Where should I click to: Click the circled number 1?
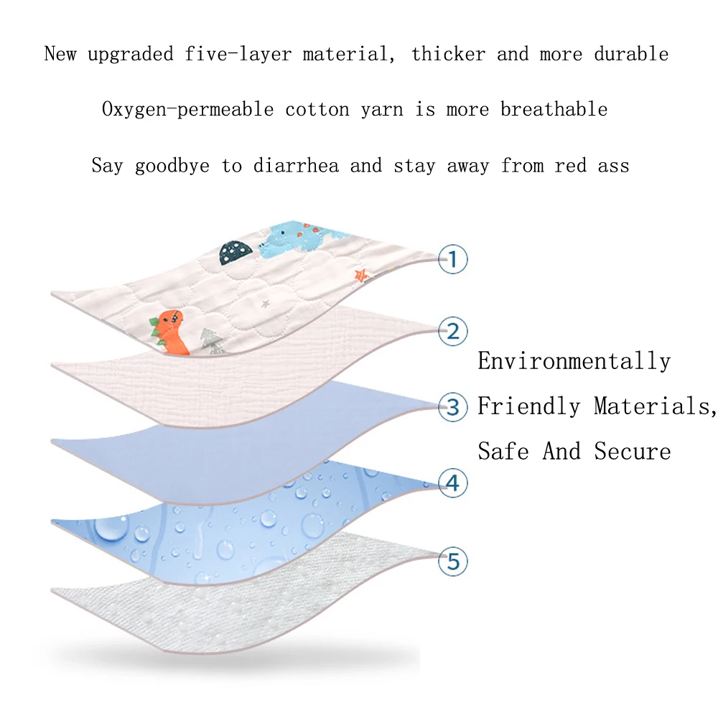click(452, 259)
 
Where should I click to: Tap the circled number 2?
click(452, 331)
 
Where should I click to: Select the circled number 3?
click(452, 407)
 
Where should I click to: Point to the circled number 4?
click(452, 483)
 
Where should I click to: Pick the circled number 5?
click(452, 561)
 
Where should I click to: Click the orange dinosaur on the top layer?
click(169, 332)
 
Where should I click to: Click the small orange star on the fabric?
click(361, 275)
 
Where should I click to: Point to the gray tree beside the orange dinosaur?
click(212, 341)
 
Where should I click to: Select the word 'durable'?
click(631, 54)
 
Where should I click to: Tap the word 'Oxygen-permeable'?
click(187, 110)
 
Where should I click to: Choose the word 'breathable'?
click(554, 109)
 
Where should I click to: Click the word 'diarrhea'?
click(297, 165)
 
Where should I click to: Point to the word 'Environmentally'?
click(574, 361)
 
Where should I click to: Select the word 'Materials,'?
click(656, 406)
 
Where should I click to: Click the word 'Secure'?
click(633, 451)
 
